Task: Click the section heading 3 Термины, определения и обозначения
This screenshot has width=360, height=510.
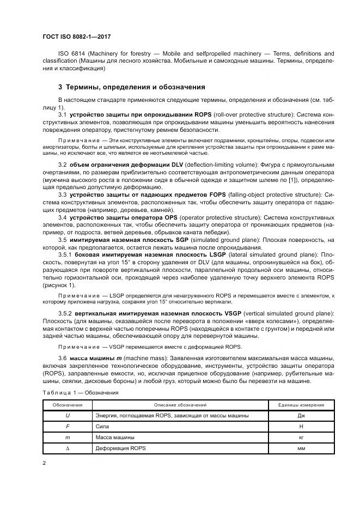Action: (131, 87)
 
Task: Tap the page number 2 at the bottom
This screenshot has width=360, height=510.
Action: (44, 463)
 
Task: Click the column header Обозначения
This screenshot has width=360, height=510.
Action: (67, 405)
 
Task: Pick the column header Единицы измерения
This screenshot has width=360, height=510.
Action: (301, 405)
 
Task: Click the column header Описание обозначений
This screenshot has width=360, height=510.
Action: (180, 405)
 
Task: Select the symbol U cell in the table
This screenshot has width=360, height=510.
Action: (67, 415)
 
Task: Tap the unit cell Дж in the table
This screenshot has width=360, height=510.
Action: (301, 415)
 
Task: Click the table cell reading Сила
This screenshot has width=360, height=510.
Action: (101, 426)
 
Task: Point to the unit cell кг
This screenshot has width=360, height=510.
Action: (301, 437)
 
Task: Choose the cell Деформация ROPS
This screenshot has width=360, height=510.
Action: (121, 448)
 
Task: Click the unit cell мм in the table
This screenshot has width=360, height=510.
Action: (301, 448)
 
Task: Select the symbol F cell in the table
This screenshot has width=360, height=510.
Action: (67, 426)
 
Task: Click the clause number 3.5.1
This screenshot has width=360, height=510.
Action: (66, 254)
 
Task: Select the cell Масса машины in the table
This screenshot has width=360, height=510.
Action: (115, 437)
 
